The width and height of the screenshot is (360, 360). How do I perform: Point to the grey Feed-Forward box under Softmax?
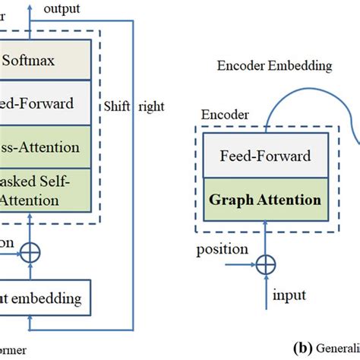(46, 103)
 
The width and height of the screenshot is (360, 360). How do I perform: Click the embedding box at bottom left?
(46, 296)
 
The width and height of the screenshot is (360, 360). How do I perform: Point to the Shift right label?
(134, 106)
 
